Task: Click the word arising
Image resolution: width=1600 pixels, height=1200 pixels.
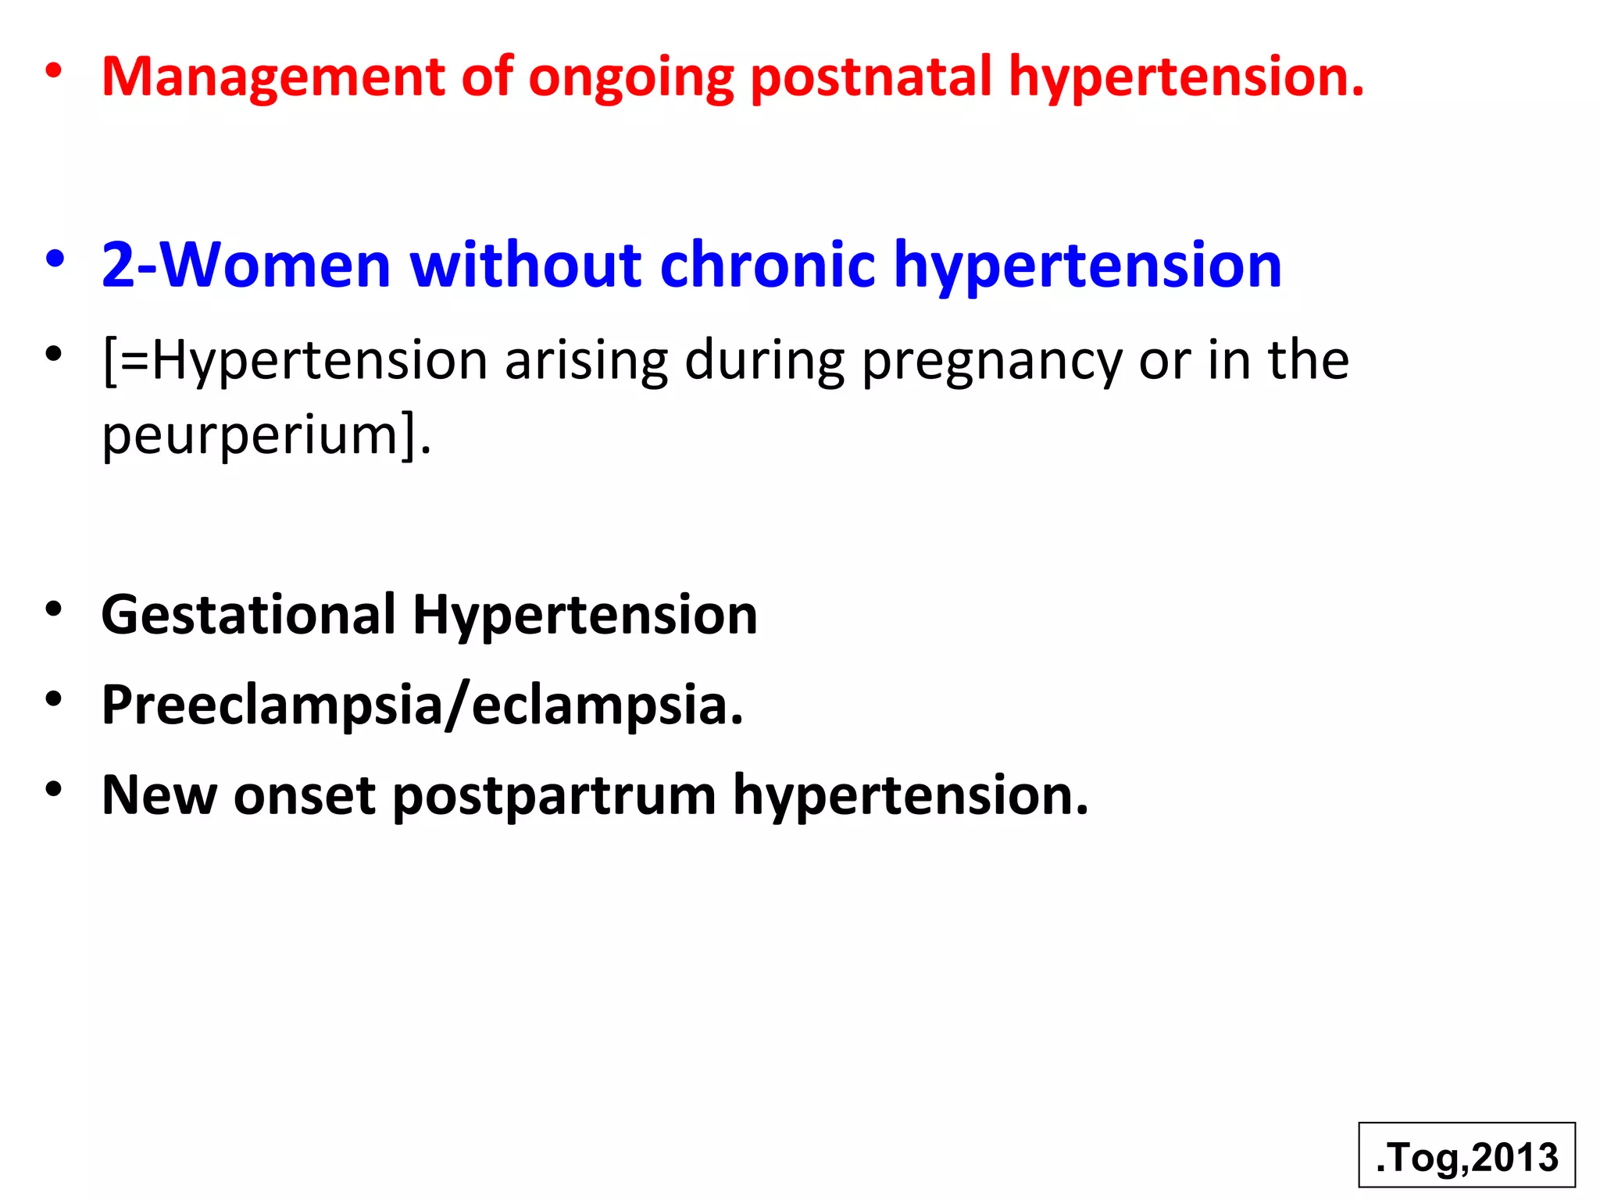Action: pyautogui.click(x=586, y=362)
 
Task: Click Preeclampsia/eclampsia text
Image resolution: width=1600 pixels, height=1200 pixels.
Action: pyautogui.click(x=422, y=705)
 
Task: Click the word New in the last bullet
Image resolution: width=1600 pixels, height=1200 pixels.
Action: pyautogui.click(x=159, y=795)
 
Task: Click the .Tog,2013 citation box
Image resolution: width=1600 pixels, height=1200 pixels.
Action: pyautogui.click(x=1466, y=1156)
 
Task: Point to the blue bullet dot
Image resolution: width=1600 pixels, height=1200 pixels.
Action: pyautogui.click(x=54, y=260)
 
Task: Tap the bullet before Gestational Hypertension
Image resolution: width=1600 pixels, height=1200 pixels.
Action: pyautogui.click(x=53, y=609)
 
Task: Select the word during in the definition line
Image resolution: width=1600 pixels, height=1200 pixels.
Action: pyautogui.click(x=764, y=362)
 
